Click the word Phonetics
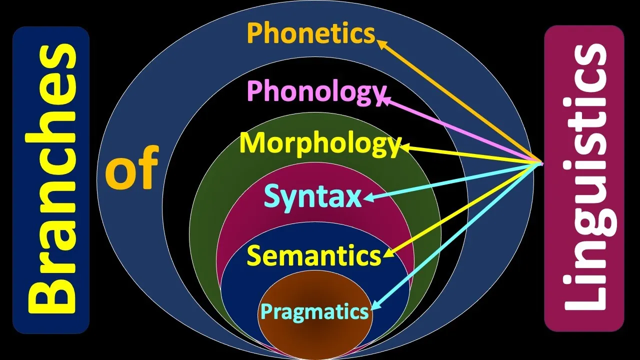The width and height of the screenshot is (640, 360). click(x=310, y=34)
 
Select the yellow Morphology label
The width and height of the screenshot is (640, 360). click(x=320, y=143)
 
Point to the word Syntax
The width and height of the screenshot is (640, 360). click(x=312, y=196)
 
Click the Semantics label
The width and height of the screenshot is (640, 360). click(x=314, y=256)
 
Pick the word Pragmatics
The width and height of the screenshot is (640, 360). click(x=314, y=312)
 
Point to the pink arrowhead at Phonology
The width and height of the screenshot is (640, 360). click(x=384, y=100)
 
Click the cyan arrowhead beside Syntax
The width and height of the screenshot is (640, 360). click(x=368, y=199)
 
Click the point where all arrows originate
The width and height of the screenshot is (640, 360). click(x=542, y=163)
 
